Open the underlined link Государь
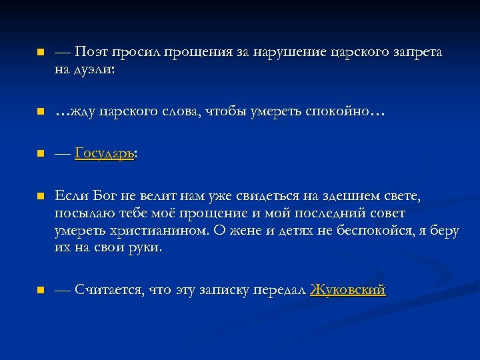(105, 154)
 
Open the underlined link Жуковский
(348, 290)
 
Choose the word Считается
(109, 290)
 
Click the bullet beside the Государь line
(40, 154)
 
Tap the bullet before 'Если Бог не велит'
(40, 197)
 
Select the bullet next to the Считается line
(40, 290)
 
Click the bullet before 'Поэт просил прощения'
(40, 52)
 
